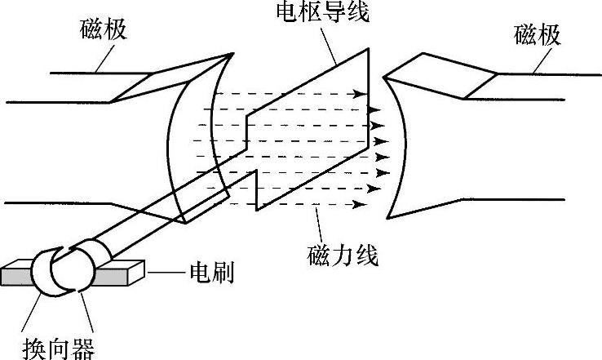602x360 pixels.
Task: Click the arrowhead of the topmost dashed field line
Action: click(x=360, y=95)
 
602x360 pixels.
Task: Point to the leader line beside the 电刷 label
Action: click(x=167, y=270)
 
